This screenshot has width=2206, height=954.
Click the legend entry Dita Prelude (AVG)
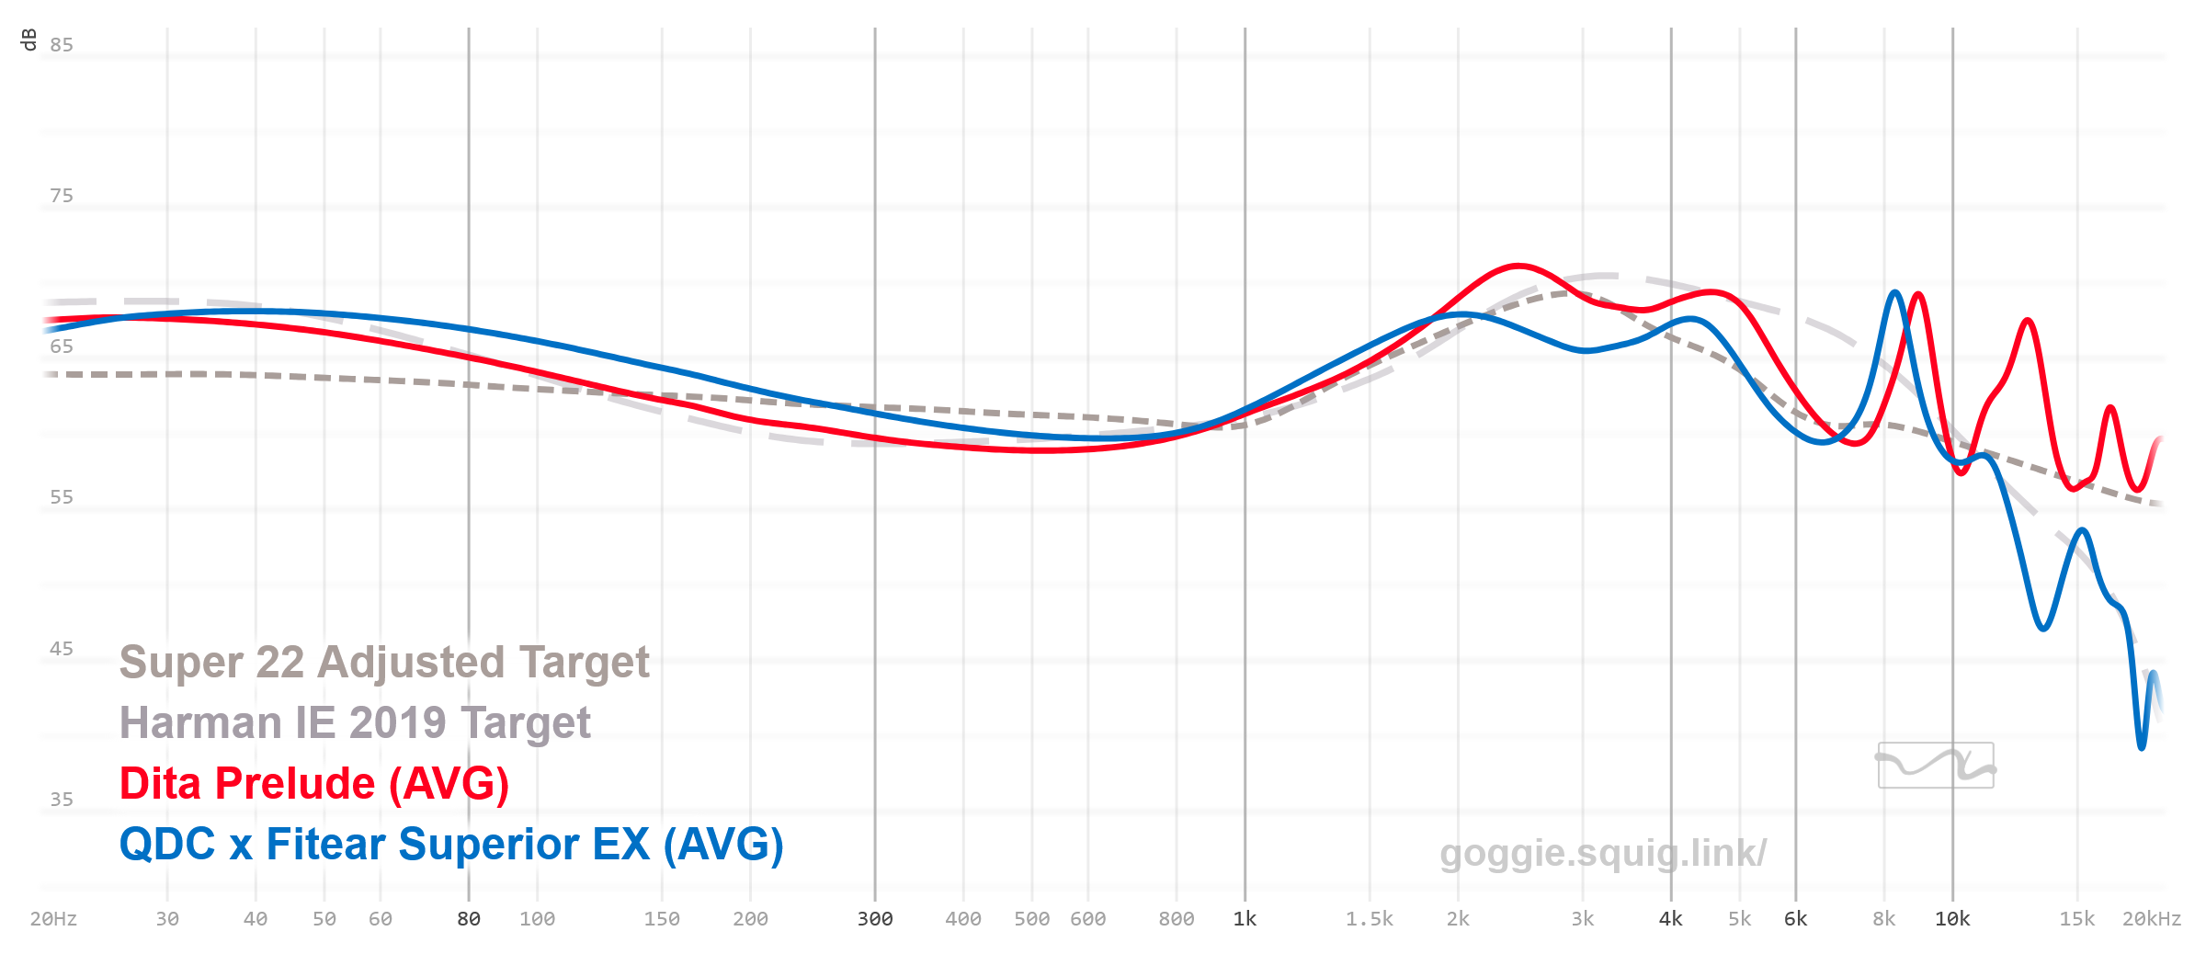313,784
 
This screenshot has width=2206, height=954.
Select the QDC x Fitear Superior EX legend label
450,845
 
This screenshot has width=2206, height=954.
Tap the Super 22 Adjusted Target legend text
384,663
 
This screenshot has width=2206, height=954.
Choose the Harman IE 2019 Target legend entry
355,723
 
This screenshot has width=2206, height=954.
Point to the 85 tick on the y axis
62,45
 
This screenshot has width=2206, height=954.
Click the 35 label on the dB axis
62,800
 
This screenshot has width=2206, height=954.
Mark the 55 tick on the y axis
62,497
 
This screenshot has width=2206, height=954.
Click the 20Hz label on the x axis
53,919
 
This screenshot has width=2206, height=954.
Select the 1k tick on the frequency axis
1245,919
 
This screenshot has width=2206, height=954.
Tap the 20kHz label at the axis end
2151,919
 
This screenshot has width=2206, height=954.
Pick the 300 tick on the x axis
875,919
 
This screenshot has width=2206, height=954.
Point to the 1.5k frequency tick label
1370,919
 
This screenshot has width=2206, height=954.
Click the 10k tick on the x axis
1952,919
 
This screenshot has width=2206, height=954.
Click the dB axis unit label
28,40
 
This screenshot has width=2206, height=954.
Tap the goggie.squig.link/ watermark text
1603,853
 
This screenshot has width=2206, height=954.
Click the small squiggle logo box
1936,765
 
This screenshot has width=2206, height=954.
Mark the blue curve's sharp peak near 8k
1894,293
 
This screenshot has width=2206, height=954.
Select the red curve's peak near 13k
2028,321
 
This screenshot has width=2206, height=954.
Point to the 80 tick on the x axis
469,919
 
